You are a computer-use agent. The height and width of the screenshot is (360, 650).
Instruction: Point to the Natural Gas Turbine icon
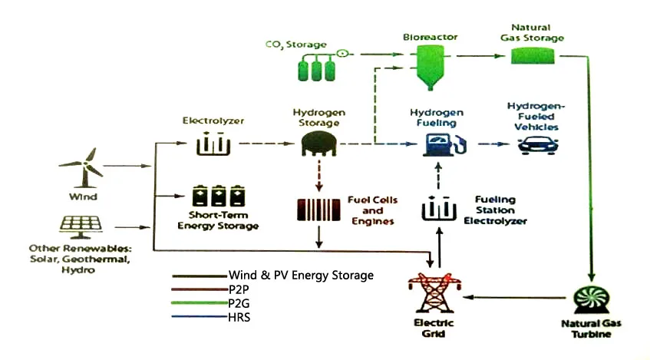[592, 299]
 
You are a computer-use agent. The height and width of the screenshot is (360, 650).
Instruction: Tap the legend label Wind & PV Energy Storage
[301, 275]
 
